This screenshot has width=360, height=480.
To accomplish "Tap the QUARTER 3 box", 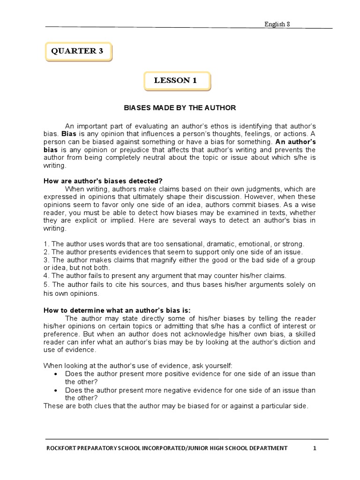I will (x=79, y=52).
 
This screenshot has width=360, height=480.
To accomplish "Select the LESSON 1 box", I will (x=177, y=81).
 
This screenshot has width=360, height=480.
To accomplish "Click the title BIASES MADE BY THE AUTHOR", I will (x=180, y=108).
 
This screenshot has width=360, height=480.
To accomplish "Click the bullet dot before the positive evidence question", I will (x=56, y=374).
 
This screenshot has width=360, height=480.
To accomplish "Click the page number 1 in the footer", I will (x=315, y=448).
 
